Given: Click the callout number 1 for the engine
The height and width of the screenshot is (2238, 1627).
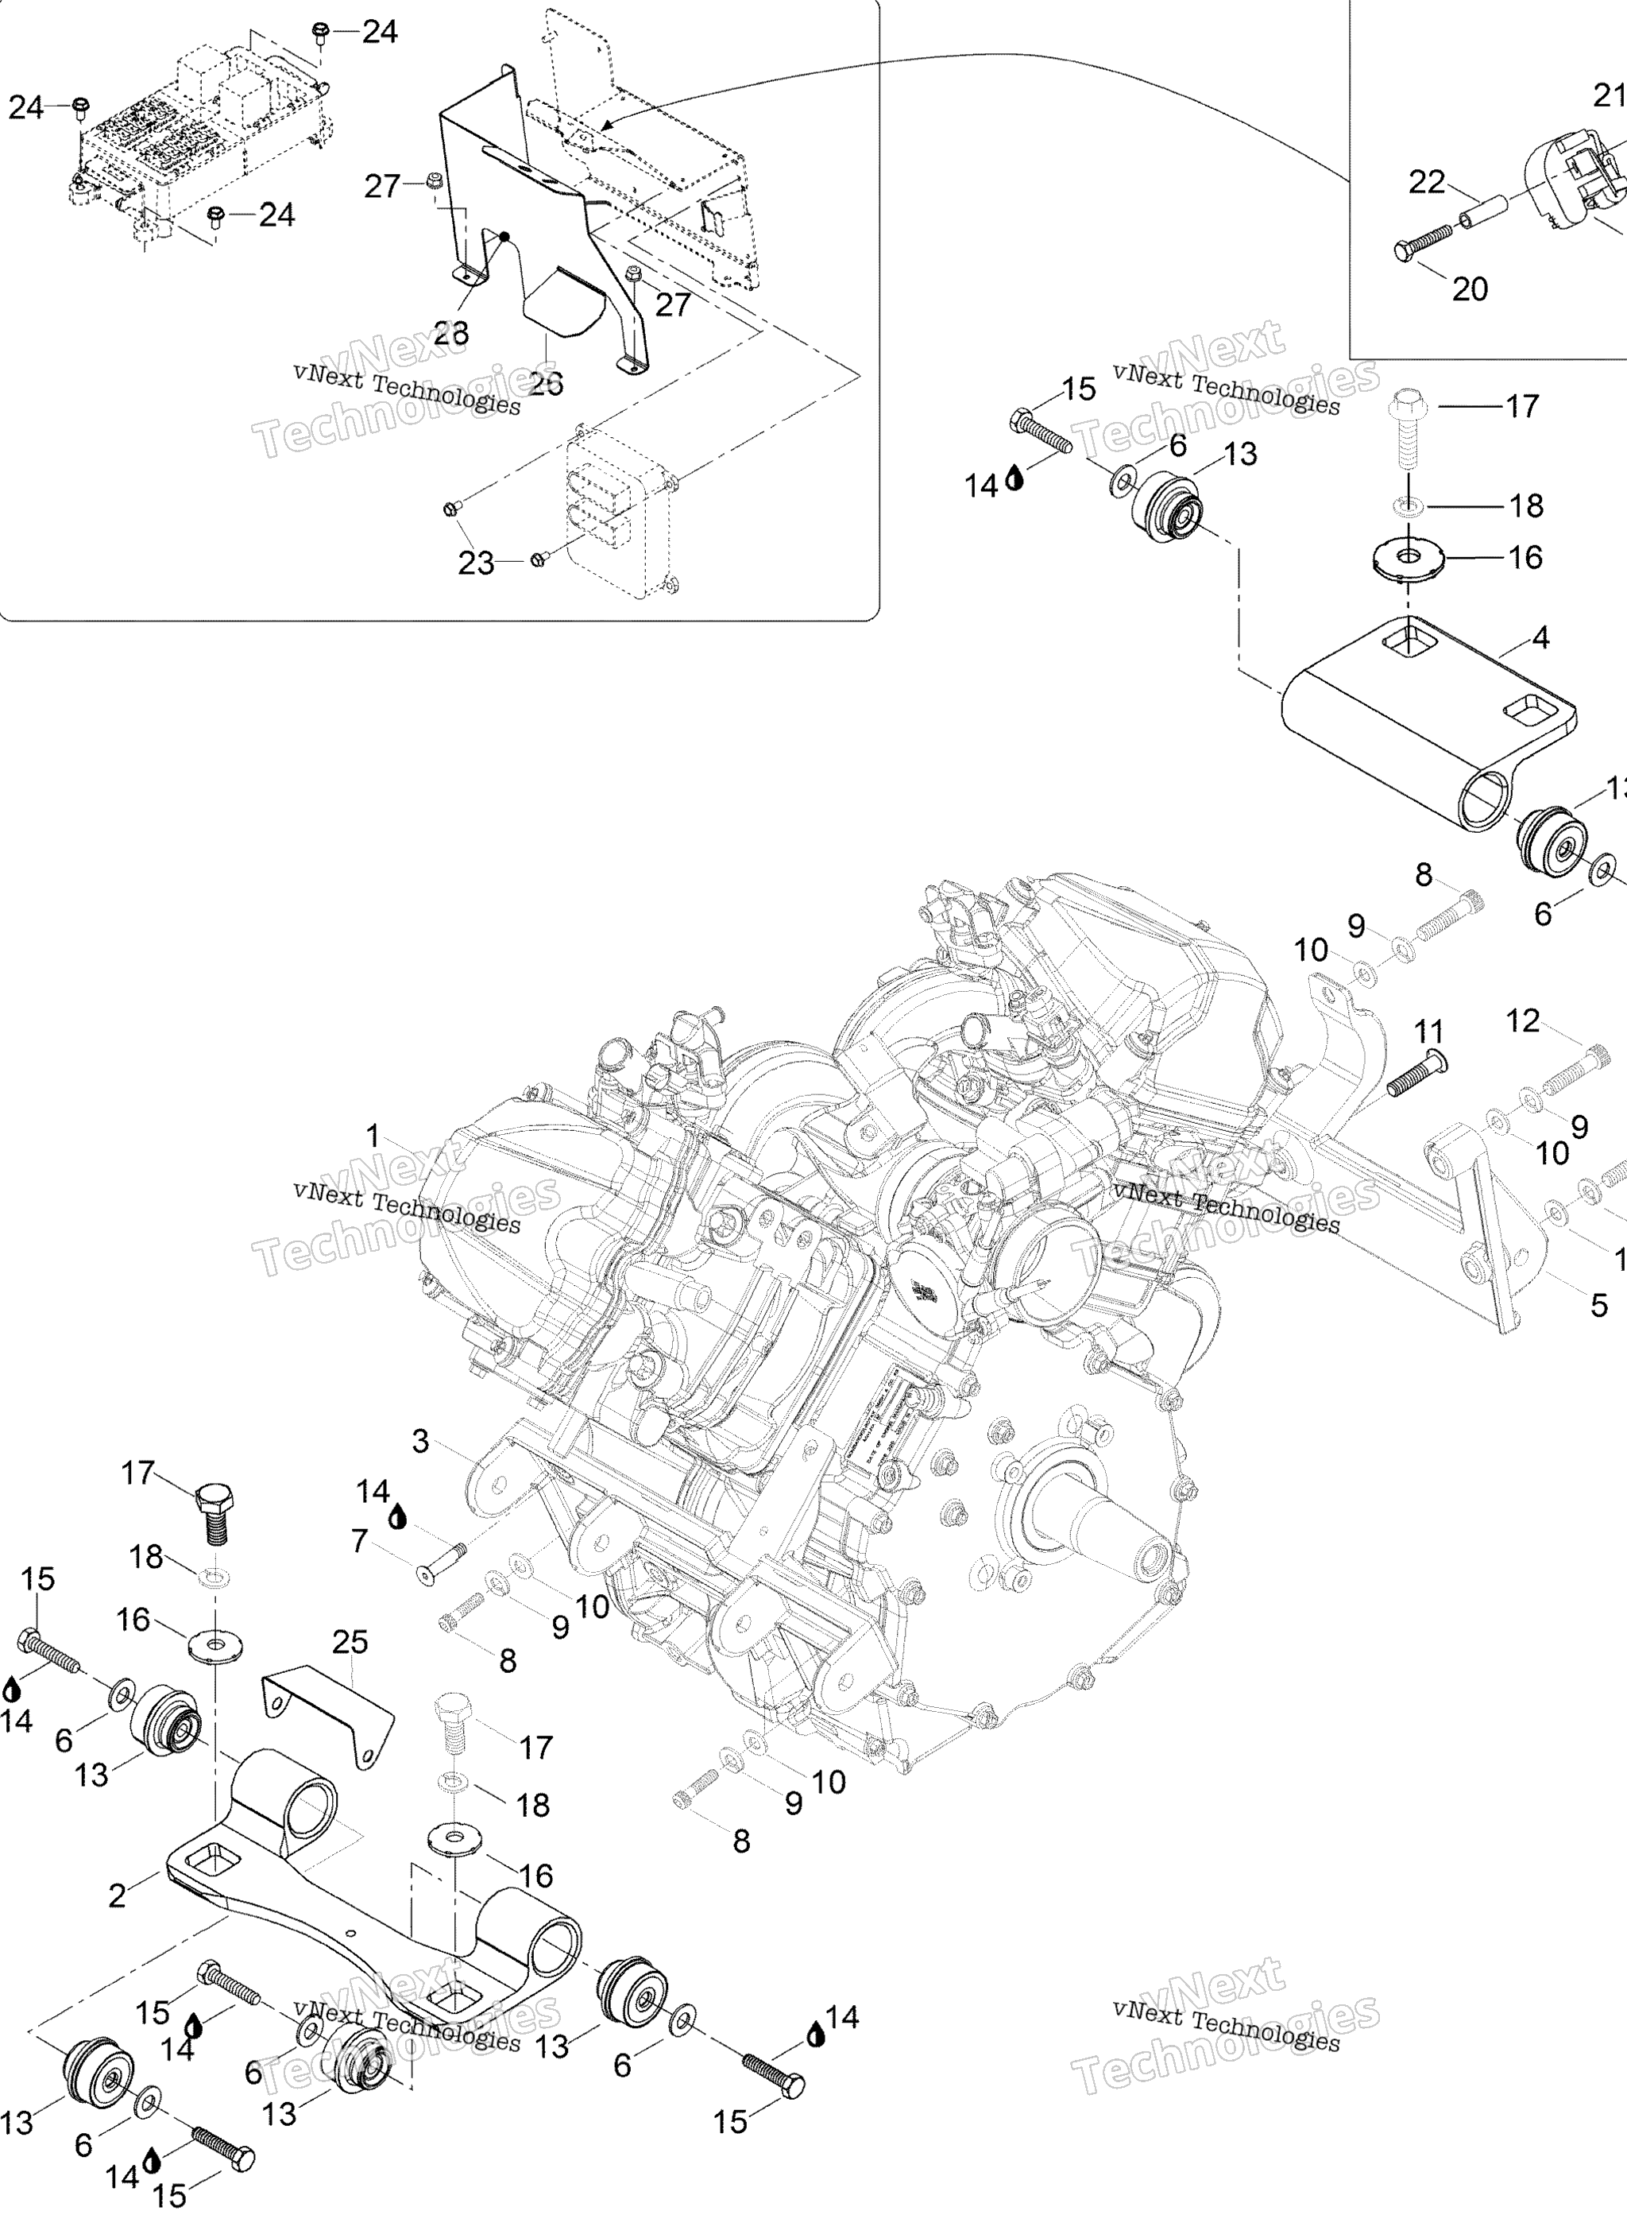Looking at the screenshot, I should click(373, 1136).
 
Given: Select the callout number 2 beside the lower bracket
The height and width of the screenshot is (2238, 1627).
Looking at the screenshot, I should click(118, 1895).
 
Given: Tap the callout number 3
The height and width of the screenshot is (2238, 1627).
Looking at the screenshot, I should click(420, 1442).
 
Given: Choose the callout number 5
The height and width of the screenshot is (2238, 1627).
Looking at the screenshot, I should click(1599, 1306).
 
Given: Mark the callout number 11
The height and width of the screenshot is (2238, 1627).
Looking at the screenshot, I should click(1428, 1032).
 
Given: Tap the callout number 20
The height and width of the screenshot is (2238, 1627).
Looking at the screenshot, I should click(1469, 289).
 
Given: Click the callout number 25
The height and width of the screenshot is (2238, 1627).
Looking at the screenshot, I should click(350, 1642).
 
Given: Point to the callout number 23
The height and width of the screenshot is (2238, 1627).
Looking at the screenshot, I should click(476, 563).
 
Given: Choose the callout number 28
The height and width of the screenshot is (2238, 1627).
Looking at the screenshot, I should click(451, 334).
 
